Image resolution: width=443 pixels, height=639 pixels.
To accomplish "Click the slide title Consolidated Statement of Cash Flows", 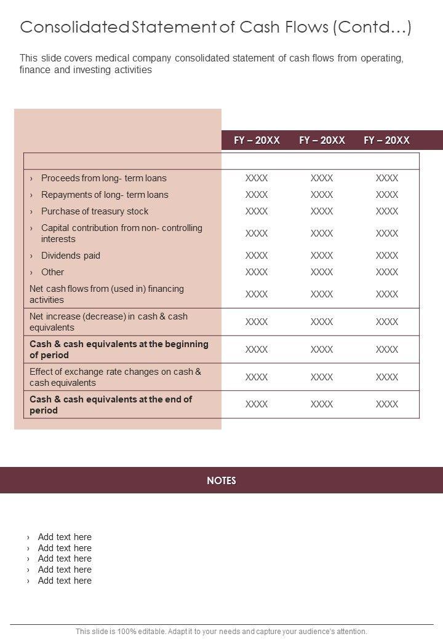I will click(x=215, y=28).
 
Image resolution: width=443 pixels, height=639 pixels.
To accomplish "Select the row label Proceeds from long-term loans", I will click(x=103, y=178).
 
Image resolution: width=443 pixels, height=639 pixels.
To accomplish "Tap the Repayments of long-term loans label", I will click(x=105, y=195).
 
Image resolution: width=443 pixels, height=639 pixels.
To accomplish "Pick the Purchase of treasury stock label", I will click(x=95, y=211).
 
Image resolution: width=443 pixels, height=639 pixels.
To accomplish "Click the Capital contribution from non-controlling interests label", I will click(x=121, y=233).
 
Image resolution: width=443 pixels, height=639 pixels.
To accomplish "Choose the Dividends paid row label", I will click(x=70, y=256).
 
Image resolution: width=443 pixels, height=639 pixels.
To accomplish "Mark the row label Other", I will click(x=52, y=272).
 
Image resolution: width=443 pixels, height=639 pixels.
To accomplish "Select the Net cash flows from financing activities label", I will click(x=106, y=294).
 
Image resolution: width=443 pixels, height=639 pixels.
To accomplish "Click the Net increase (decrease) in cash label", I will click(x=108, y=322).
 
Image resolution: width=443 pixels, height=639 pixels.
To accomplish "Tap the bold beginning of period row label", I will click(x=119, y=350).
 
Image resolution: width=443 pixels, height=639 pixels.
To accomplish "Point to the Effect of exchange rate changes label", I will click(x=115, y=377).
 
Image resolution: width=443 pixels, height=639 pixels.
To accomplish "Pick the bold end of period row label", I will click(x=111, y=405).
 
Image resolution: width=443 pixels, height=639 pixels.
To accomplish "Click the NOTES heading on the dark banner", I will click(x=221, y=480).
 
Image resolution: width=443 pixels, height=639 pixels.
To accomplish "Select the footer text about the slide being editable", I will click(x=221, y=631).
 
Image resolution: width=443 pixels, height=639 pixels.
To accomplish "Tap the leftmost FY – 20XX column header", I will click(x=257, y=140).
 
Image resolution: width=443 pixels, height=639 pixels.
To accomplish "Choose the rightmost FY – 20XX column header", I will click(x=386, y=140).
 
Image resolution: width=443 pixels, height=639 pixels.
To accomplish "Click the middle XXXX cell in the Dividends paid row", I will click(x=322, y=256).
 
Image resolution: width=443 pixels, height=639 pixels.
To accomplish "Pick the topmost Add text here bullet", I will click(x=65, y=537).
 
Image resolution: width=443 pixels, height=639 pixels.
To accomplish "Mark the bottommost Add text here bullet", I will click(x=65, y=581).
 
